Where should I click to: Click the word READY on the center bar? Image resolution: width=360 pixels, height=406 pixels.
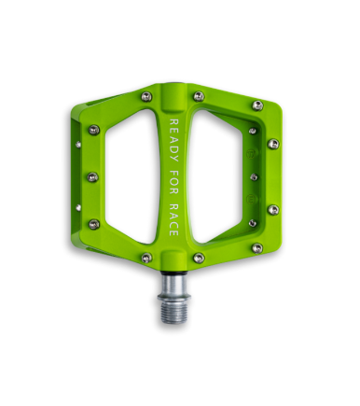click(174, 140)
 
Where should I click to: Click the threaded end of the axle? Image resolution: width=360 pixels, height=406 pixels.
click(173, 312)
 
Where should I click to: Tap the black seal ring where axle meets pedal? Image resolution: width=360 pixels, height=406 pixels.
click(173, 273)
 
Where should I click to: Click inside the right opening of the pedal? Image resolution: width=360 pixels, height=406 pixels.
click(217, 176)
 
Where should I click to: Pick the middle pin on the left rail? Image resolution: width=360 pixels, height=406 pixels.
click(92, 177)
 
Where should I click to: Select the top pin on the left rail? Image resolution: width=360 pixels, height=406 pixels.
click(93, 130)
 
